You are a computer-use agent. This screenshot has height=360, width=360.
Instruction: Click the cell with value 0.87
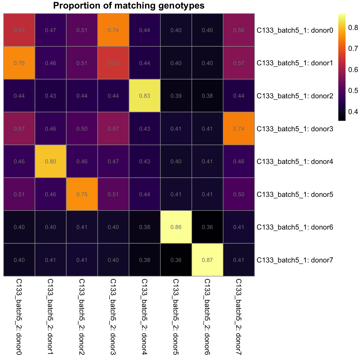[x=207, y=260]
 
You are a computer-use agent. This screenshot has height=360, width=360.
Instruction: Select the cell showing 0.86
[x=176, y=227]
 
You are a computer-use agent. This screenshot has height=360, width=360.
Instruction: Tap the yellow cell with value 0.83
[x=145, y=96]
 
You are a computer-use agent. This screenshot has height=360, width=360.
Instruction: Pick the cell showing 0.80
[x=50, y=161]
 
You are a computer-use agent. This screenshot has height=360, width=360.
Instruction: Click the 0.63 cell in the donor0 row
[x=19, y=30]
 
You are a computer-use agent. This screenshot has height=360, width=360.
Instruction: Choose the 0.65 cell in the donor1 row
[x=113, y=63]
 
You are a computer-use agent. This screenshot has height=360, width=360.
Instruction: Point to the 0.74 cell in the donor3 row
[x=239, y=129]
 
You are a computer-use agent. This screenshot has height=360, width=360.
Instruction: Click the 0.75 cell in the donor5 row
[x=82, y=194]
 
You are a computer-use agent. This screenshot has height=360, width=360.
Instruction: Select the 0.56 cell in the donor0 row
[x=239, y=30]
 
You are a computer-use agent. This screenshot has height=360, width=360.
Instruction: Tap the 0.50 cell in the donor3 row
[x=82, y=129]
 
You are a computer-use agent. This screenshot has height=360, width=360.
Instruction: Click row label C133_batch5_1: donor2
[x=295, y=96]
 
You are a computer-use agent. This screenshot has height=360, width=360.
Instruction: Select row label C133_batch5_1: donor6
[x=295, y=227]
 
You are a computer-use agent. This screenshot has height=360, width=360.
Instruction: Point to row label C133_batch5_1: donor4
[x=295, y=162]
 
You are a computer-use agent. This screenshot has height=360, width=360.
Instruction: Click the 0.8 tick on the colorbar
[x=353, y=28]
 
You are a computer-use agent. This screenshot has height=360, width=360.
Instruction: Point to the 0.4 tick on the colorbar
[x=353, y=111]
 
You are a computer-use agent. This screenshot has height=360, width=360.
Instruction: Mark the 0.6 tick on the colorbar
[x=353, y=70]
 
